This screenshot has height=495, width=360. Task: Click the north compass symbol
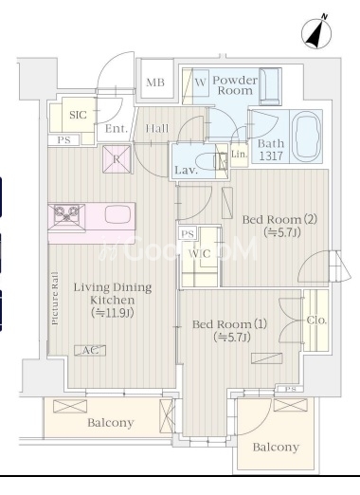pyautogui.click(x=316, y=32)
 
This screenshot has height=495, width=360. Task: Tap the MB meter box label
pyautogui.click(x=155, y=82)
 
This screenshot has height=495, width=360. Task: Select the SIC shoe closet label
pyautogui.click(x=78, y=115)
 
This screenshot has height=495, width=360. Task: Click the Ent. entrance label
pyautogui.click(x=117, y=129)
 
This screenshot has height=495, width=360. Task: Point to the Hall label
pyautogui.click(x=157, y=128)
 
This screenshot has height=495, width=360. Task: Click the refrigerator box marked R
pyautogui.click(x=117, y=159)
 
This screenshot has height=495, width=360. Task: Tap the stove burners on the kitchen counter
pyautogui.click(x=66, y=214)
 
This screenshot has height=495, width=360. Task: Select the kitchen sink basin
pyautogui.click(x=117, y=214)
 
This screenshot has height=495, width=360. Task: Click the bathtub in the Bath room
pyautogui.click(x=306, y=137)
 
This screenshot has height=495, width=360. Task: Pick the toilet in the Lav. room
pyautogui.click(x=211, y=162)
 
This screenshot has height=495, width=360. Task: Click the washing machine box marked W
pyautogui.click(x=200, y=82)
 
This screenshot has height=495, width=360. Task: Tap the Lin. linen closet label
pyautogui.click(x=239, y=155)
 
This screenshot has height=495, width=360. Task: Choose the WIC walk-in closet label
pyautogui.click(x=199, y=253)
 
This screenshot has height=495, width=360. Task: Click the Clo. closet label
pyautogui.click(x=316, y=321)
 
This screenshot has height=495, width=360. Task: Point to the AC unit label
pyautogui.click(x=90, y=350)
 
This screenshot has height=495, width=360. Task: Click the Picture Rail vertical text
pyautogui.click(x=55, y=298)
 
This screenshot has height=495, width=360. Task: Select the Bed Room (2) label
pyautogui.click(x=279, y=219)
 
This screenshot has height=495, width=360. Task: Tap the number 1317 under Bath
pyautogui.click(x=271, y=156)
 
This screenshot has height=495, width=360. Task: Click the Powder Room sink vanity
pyautogui.click(x=270, y=86)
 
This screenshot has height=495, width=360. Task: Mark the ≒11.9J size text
pyautogui.click(x=113, y=313)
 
